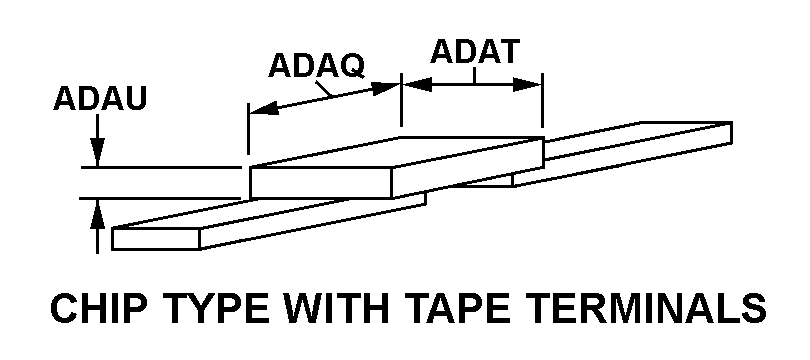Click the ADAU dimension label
pos(100,99)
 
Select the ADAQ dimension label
pos(317,66)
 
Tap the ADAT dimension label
pos(475,51)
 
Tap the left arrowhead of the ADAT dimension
pos(417,85)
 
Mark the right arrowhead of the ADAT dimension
pos(527,85)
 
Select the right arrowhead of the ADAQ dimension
pos(386,88)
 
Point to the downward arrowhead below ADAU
pos(97,152)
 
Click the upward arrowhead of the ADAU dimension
pos(97,212)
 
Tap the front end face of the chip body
pos(321,182)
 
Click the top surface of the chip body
pos(397,152)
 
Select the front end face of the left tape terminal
pos(156,239)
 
